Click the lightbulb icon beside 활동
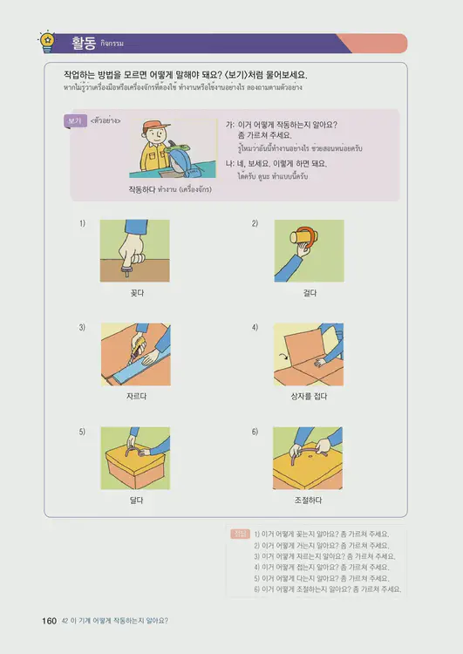click(47, 41)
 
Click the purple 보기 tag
click(75, 120)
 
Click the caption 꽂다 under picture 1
click(135, 293)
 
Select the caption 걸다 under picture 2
click(308, 293)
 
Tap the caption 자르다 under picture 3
click(135, 396)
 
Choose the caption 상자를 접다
click(308, 396)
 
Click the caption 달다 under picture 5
click(135, 500)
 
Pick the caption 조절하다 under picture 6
click(308, 500)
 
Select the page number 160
click(49, 621)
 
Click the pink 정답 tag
click(241, 534)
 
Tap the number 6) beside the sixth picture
click(255, 432)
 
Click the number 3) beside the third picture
click(82, 327)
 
